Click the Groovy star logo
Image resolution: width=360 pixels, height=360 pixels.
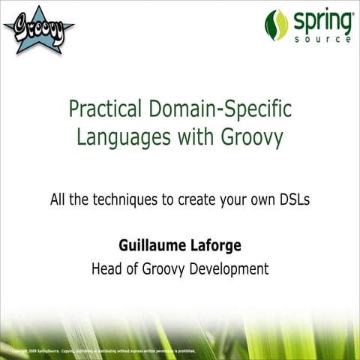pos(38,29)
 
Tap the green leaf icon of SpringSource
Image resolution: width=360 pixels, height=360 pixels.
pos(277,25)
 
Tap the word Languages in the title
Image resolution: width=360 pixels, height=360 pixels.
pos(116,138)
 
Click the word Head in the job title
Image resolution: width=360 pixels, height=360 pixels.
pos(106,268)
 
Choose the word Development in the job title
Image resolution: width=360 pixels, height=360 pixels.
pos(228,268)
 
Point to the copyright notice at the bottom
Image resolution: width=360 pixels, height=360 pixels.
pos(104,350)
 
